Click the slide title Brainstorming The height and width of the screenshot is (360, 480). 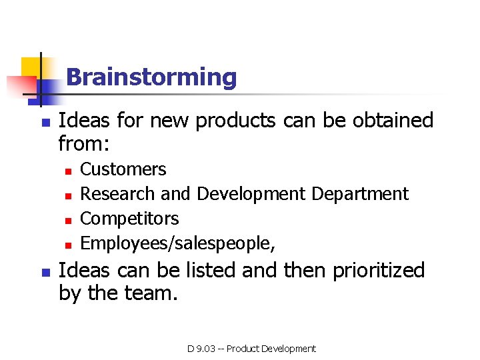151,77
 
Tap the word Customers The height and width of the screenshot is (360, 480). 123,169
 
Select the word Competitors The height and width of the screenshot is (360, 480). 129,219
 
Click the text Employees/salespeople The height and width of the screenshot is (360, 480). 177,243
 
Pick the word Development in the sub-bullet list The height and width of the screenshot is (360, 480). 251,194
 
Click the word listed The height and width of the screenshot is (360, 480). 207,270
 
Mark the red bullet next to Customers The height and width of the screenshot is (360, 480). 67,171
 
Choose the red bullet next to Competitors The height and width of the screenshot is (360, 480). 67,220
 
